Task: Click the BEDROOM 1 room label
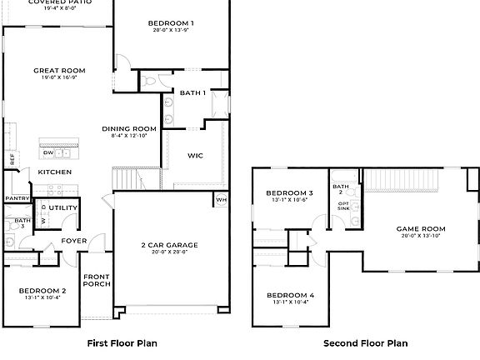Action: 171,22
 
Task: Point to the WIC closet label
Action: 195,155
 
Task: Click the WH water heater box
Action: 221,199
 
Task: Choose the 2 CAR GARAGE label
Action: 170,244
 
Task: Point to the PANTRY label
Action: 17,198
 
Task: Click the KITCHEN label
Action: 54,172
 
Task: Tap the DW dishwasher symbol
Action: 48,152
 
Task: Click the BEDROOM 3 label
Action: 288,193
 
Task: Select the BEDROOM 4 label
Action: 288,296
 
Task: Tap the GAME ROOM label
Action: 420,228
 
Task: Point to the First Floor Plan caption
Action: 122,342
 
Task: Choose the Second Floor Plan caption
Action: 365,342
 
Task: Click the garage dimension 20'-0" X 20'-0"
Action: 170,252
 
